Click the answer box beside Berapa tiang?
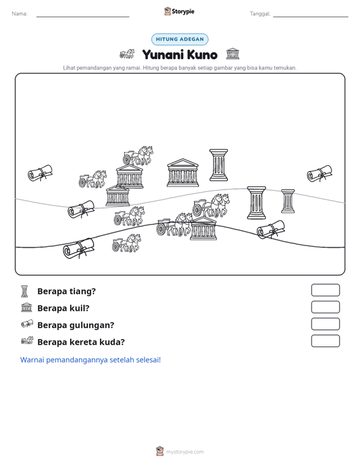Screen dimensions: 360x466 [x=325, y=290]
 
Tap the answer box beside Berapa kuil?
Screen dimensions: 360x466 [x=325, y=307]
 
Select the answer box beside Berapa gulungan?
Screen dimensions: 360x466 [x=325, y=324]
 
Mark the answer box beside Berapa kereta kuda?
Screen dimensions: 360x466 [x=325, y=341]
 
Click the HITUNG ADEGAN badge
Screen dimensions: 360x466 [x=180, y=39]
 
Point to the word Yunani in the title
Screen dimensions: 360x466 [x=163, y=55]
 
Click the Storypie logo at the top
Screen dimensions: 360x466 [x=179, y=11]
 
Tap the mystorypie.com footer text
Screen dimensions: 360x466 [x=184, y=452]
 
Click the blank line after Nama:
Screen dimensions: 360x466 [x=83, y=17]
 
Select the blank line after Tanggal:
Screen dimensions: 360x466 [x=310, y=17]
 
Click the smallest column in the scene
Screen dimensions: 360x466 [x=287, y=201]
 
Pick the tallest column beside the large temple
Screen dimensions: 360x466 [x=219, y=165]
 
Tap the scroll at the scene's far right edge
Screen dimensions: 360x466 [x=319, y=174]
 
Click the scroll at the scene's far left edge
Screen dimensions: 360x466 [x=40, y=173]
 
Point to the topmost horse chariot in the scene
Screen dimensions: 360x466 [x=138, y=155]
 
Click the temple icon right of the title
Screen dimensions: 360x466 [x=232, y=54]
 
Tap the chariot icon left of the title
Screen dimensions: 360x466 [x=127, y=54]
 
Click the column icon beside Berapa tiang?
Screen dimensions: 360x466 [x=25, y=291]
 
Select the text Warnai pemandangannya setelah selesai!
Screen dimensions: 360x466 [x=90, y=360]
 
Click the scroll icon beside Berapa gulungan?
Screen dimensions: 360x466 [x=27, y=324]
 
